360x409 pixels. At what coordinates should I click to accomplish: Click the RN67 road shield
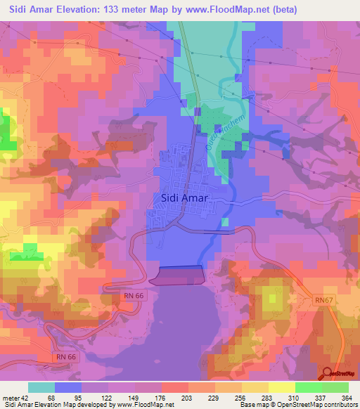323,301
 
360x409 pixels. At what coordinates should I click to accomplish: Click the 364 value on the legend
347,398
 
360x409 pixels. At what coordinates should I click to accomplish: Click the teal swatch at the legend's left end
41,387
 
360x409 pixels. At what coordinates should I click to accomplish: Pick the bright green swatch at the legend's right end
335,387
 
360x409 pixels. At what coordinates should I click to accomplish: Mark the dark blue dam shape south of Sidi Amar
177,275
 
